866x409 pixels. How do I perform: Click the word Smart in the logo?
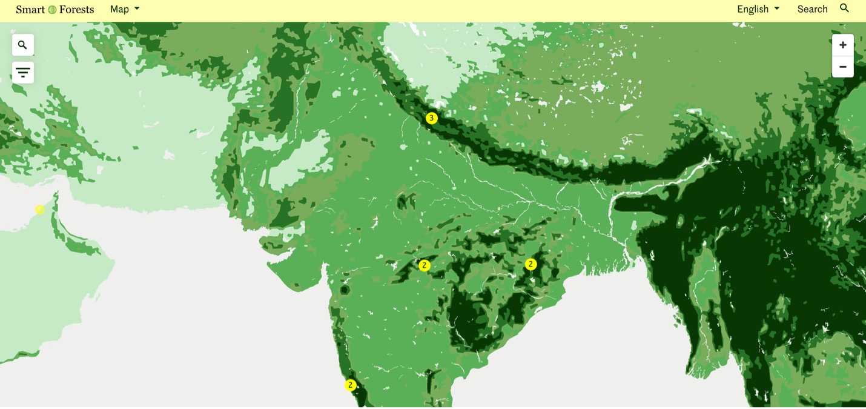30,9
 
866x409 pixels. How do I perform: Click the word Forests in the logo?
76,9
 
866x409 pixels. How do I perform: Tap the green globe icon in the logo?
52,10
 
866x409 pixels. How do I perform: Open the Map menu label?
119,9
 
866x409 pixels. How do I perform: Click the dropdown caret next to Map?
137,8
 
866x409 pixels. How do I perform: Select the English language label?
752,9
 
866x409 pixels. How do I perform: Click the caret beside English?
777,8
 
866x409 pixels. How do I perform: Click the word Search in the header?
812,9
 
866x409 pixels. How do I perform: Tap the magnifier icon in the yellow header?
844,8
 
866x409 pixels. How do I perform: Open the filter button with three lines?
23,73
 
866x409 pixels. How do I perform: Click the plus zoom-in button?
842,45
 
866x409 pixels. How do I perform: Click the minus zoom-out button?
842,67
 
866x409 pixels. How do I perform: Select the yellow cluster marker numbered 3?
431,118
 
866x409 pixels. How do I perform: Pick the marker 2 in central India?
425,265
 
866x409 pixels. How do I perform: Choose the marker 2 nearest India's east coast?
531,264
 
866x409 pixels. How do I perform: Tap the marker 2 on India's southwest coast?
350,385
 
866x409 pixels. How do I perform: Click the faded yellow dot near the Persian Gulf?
39,210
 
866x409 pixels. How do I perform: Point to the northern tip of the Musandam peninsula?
56,194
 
